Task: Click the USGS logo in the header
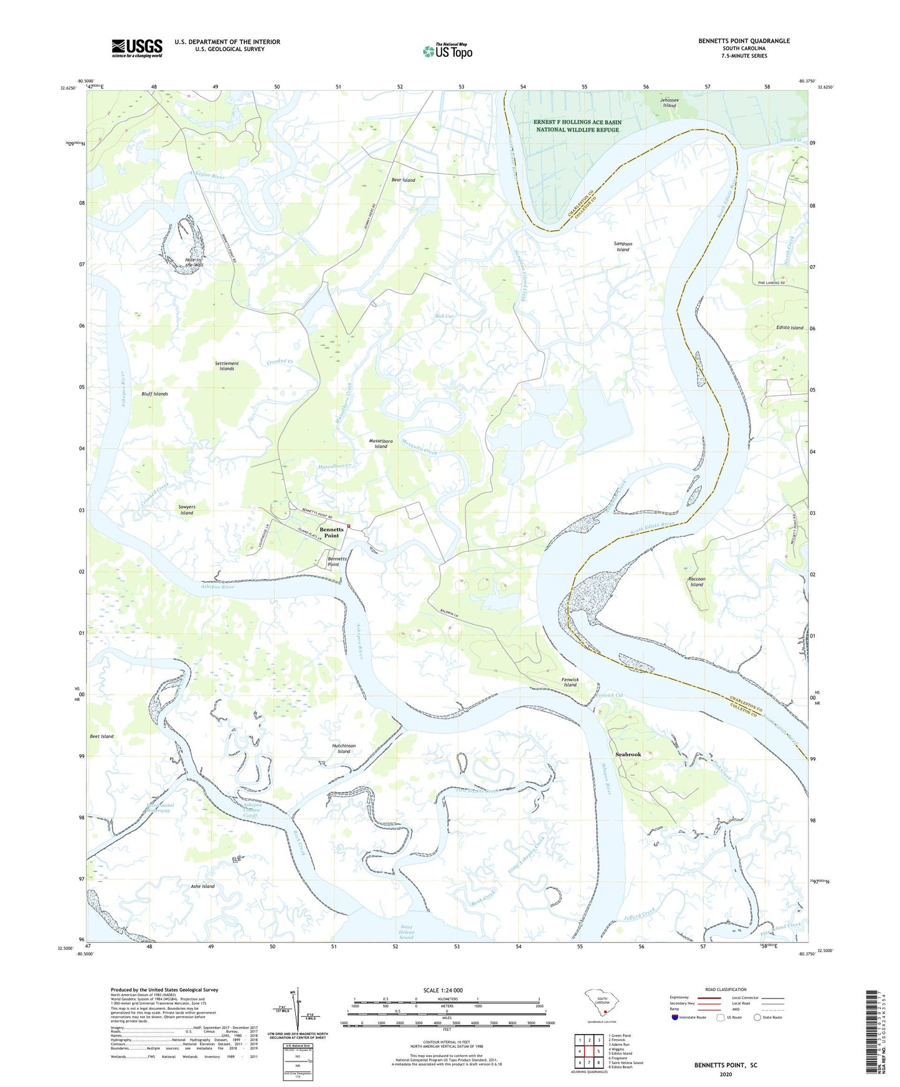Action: point(136,48)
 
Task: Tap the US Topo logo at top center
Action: point(447,50)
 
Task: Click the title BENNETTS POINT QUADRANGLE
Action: point(744,41)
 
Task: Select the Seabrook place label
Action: point(628,755)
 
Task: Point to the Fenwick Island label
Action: point(569,682)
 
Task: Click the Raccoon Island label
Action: point(696,581)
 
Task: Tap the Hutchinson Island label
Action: point(344,748)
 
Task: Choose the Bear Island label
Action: point(403,180)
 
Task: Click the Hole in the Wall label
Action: point(194,262)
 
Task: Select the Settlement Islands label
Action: point(227,366)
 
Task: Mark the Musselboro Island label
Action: point(381,443)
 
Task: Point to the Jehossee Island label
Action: point(669,103)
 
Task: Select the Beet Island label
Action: point(102,736)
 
